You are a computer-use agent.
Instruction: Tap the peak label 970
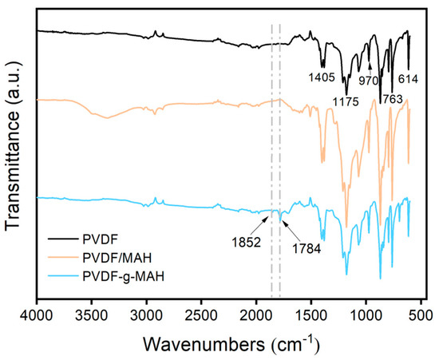[368, 80]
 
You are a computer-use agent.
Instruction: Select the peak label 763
[392, 99]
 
